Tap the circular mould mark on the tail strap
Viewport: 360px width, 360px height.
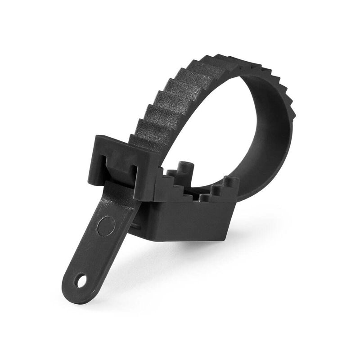click(106, 226)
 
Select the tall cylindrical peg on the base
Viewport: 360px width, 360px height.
click(183, 169)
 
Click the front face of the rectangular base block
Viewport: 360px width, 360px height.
click(189, 220)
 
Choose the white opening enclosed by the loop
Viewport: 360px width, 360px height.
click(216, 135)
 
